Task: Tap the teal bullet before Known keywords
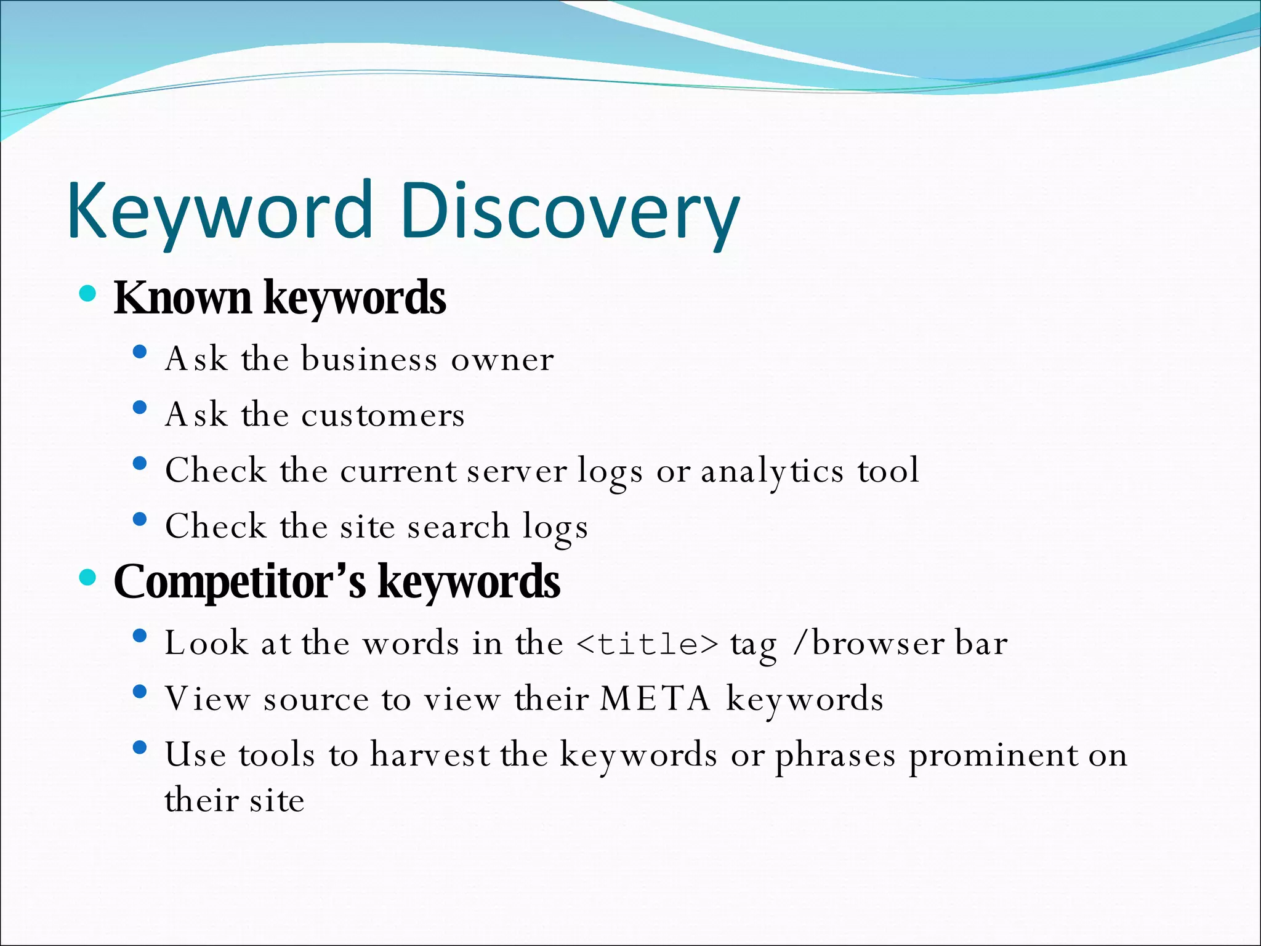88,293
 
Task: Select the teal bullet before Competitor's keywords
88,577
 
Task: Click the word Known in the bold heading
183,297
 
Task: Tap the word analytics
772,472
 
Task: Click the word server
517,472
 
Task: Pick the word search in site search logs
458,527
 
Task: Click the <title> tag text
648,644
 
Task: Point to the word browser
879,644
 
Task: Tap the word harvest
430,755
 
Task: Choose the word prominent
994,755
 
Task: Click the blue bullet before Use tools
140,748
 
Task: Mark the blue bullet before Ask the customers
140,408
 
